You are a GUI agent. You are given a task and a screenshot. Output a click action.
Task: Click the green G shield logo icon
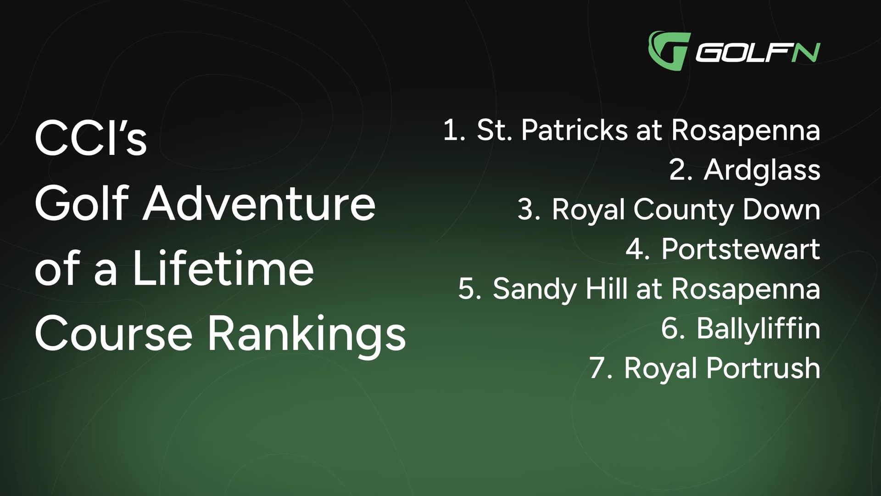click(x=668, y=50)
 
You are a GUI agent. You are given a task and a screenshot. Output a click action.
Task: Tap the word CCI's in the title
click(x=90, y=138)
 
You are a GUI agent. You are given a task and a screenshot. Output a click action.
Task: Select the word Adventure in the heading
click(x=259, y=203)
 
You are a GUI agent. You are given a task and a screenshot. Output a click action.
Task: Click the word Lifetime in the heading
click(x=223, y=269)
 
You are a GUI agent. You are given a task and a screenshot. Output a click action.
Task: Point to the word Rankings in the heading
click(x=307, y=334)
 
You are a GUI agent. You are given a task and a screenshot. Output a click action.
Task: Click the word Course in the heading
click(x=113, y=334)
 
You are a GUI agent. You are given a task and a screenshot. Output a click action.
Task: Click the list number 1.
click(x=453, y=130)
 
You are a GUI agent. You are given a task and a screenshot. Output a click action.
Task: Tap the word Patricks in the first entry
click(x=574, y=130)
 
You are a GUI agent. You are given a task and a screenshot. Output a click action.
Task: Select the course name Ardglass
click(x=762, y=170)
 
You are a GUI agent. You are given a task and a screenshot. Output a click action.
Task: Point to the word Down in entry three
click(x=781, y=209)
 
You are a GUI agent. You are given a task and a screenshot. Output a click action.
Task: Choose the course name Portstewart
click(x=740, y=249)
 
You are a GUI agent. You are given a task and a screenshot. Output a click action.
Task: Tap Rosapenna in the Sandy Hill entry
click(x=745, y=289)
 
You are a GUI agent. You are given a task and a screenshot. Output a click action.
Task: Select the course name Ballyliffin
click(x=758, y=329)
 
